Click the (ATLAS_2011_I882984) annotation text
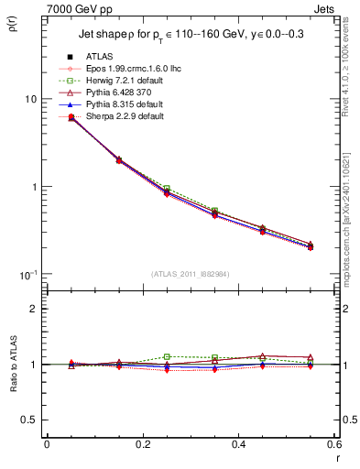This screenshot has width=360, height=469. tap(190, 274)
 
